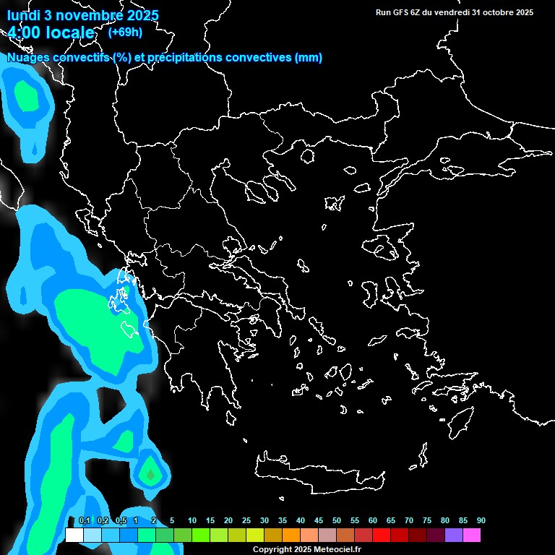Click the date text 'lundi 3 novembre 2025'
[x=82, y=15]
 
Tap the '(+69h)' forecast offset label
[x=125, y=32]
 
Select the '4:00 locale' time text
[x=51, y=33]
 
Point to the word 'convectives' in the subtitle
[x=249, y=58]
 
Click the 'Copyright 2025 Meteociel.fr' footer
[x=306, y=549]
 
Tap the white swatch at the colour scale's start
[x=74, y=535]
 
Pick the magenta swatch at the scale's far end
[x=472, y=535]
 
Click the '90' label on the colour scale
[x=481, y=521]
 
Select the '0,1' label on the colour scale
[x=85, y=521]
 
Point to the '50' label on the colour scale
[x=337, y=521]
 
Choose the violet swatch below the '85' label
[x=454, y=535]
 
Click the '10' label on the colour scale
[x=192, y=521]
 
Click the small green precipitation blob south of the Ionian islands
[x=150, y=474]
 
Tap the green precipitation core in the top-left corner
[x=27, y=95]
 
